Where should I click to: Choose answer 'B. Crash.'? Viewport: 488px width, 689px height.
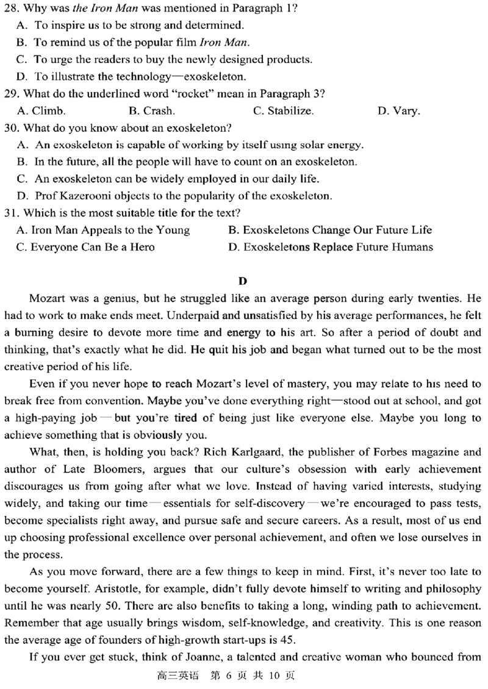coord(152,111)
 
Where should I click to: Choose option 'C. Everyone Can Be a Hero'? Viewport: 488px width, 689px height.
coord(86,247)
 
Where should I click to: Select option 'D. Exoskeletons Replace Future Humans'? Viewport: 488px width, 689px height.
coord(330,247)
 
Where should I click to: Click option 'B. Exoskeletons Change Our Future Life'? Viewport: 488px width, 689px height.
coord(329,230)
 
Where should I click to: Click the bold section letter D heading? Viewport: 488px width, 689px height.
coord(243,281)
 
